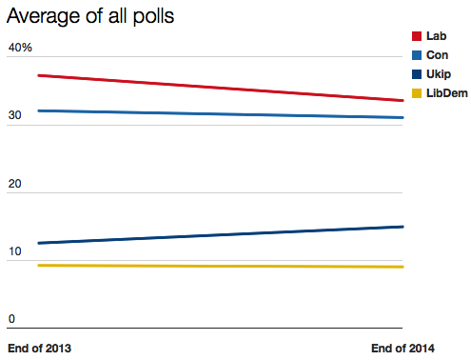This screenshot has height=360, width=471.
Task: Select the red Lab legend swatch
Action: point(416,36)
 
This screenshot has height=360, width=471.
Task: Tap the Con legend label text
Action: point(438,55)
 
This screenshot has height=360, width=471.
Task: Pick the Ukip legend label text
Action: point(440,73)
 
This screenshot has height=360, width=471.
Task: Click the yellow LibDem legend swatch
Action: point(416,92)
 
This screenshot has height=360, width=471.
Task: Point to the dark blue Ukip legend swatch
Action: point(416,73)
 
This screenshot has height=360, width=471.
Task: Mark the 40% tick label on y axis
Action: point(20,48)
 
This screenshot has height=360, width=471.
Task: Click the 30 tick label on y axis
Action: point(15,115)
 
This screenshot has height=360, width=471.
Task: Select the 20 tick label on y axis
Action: point(15,184)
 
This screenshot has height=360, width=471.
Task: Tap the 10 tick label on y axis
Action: point(15,251)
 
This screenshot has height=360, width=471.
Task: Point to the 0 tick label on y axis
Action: point(11,319)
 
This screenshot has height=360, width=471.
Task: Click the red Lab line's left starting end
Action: point(37,74)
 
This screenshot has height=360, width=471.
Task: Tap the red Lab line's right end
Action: point(403,100)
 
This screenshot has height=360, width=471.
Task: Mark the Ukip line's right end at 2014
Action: point(403,227)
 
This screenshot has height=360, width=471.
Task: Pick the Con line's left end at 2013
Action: point(37,110)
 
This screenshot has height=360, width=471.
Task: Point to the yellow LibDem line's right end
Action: point(403,267)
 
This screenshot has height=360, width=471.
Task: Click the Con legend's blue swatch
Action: point(416,55)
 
